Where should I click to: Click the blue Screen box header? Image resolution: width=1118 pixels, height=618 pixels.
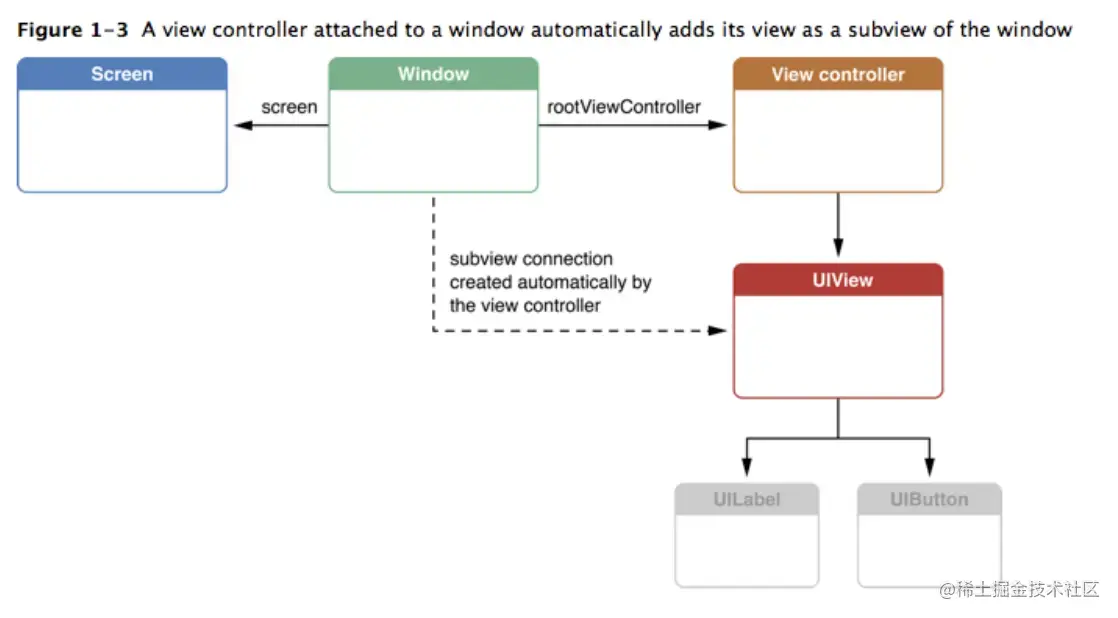122,74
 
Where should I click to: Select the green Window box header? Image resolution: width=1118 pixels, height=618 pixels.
433,74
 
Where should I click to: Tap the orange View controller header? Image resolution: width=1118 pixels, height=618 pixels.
837,74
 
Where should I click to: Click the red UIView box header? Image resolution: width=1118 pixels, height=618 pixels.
837,280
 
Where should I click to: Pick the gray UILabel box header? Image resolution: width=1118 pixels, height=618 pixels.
746,499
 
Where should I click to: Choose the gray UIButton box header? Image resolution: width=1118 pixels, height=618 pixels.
929,499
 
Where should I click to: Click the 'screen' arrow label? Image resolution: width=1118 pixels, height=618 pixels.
289,106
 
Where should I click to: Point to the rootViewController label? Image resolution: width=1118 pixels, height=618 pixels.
624,106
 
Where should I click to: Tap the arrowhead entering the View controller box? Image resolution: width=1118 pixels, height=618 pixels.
718,125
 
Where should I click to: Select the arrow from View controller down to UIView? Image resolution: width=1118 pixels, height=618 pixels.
838,226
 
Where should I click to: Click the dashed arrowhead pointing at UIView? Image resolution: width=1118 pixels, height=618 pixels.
718,330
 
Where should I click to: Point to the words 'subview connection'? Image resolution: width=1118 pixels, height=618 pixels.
530,259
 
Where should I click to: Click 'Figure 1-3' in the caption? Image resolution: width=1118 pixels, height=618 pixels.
73,29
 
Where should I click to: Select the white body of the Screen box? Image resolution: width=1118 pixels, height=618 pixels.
122,140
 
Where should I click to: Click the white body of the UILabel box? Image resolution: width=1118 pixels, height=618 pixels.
746,550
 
